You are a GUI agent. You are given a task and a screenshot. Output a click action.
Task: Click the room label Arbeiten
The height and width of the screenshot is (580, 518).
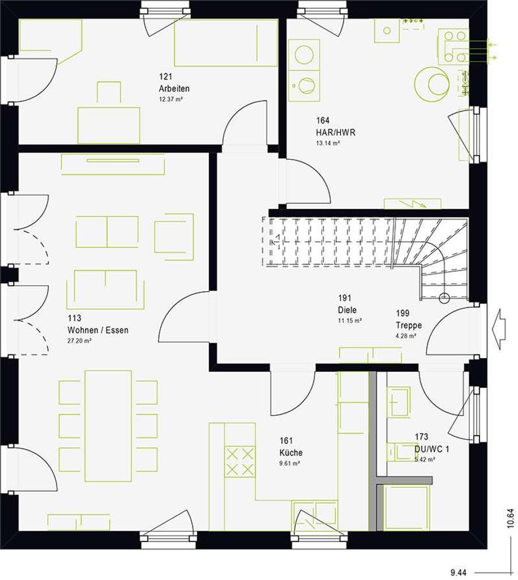pos(174,89)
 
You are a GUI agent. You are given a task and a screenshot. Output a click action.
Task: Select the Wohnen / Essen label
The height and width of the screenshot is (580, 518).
pos(97,330)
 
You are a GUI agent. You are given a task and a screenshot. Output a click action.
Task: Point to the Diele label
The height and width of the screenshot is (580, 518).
pos(346,310)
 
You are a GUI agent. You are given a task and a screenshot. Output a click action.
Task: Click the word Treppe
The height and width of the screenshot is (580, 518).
pos(409,325)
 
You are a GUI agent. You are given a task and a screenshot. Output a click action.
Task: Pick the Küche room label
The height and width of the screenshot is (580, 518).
pos(290,453)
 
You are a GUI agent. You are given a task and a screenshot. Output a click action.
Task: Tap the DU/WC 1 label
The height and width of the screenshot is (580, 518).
pos(432,449)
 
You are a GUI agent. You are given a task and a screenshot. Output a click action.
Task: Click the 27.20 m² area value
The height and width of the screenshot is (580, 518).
pos(79,341)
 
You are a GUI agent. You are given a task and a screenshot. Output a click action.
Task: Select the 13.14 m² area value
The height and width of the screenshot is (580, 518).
pos(328,143)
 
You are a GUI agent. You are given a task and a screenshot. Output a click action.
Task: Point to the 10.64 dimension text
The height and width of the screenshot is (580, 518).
pos(511,519)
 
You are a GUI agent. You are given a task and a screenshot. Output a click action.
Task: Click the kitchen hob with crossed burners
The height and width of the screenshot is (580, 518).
pos(240,462)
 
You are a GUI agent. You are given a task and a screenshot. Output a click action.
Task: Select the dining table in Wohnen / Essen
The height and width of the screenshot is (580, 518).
pos(108,425)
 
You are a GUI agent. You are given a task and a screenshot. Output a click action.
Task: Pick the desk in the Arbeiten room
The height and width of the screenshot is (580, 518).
pos(109,125)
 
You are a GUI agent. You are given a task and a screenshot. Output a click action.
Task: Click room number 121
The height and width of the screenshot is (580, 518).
pos(165,76)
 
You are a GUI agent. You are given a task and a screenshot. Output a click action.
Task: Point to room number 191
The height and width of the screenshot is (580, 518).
pos(345,298)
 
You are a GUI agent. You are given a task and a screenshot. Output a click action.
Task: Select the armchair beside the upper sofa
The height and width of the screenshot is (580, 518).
pos(174,233)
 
